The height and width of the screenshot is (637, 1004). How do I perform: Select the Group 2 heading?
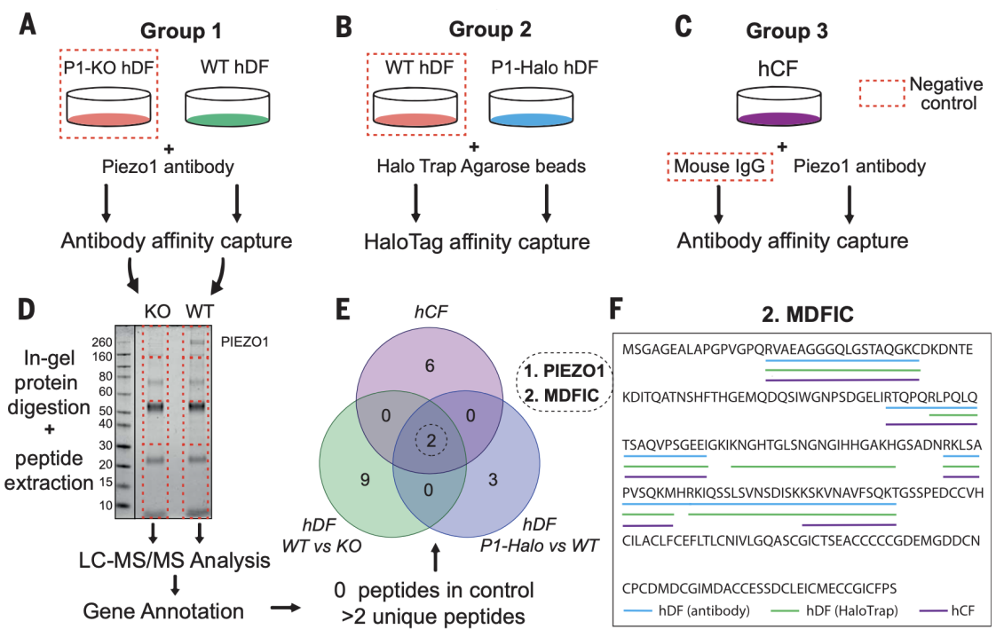point(490,30)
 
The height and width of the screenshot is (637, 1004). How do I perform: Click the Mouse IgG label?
point(720,166)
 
